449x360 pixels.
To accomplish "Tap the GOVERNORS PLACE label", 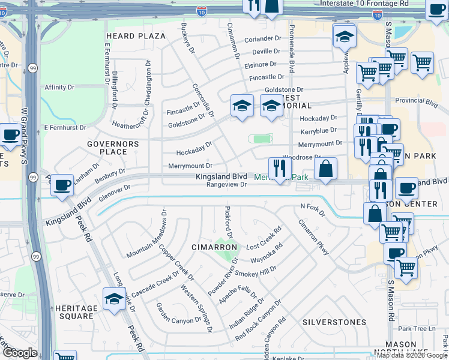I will (x=113, y=148).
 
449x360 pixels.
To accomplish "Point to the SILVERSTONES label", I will (x=334, y=322).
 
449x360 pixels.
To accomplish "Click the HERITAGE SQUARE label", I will (x=76, y=313).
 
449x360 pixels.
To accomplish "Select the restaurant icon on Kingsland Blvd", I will (x=279, y=169).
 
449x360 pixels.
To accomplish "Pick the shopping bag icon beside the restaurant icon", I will (x=325, y=169).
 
